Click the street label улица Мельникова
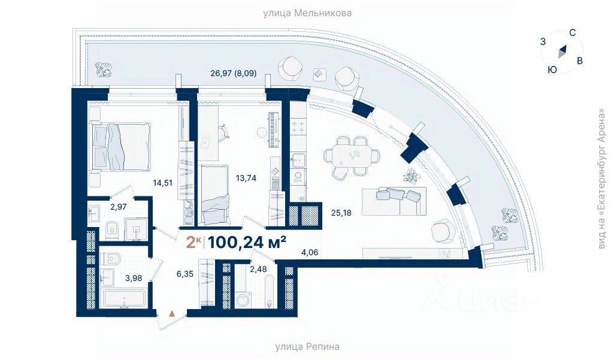[307, 13]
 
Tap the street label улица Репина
[307, 347]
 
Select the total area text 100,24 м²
[247, 243]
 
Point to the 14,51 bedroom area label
[163, 183]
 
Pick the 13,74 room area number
[246, 178]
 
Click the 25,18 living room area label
[341, 213]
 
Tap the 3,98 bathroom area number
[134, 278]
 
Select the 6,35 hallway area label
[185, 274]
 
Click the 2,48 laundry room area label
[258, 269]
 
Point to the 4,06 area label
[309, 253]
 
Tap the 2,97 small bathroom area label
[118, 207]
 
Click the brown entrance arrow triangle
[171, 313]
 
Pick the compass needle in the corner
[562, 52]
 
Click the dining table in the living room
[352, 155]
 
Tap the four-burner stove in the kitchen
[299, 127]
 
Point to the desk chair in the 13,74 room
[223, 131]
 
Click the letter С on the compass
[572, 33]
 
